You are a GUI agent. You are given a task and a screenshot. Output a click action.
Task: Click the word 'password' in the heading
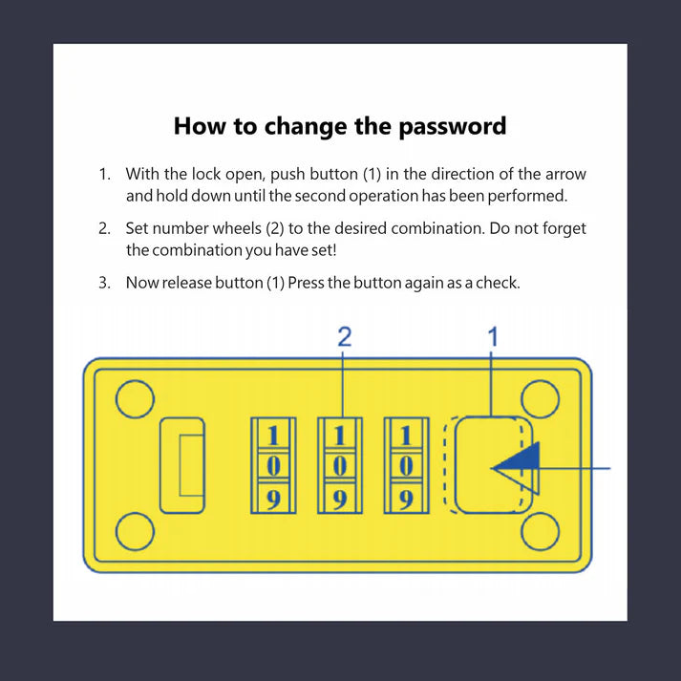click(x=452, y=127)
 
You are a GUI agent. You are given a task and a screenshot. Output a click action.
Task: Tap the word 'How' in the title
click(x=200, y=126)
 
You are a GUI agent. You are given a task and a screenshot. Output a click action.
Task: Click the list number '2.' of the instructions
click(x=104, y=228)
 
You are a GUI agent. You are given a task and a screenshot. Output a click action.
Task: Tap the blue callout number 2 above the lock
click(x=345, y=337)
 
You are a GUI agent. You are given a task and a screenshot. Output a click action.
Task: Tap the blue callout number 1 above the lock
click(x=493, y=337)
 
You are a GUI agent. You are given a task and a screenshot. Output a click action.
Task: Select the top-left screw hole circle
click(x=135, y=399)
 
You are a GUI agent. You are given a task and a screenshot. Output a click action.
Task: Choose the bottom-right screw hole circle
click(x=540, y=532)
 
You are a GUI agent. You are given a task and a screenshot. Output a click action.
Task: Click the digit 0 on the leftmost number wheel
click(x=273, y=467)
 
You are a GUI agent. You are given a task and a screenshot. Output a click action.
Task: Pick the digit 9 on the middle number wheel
click(x=340, y=500)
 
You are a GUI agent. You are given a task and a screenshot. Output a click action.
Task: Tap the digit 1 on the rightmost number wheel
click(x=406, y=436)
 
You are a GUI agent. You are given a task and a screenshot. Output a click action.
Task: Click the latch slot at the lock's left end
click(x=182, y=465)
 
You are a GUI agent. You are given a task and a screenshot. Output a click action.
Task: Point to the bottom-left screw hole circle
click(x=135, y=532)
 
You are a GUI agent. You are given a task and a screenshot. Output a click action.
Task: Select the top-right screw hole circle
click(x=540, y=399)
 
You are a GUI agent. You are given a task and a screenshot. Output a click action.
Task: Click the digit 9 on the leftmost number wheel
click(x=273, y=500)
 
